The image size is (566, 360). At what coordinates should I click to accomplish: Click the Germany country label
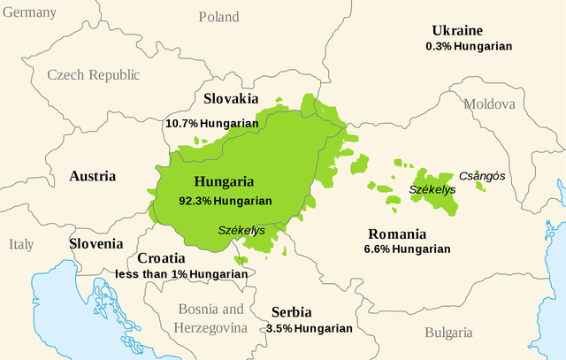pos(28,12)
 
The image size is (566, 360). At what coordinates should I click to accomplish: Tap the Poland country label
pos(218,17)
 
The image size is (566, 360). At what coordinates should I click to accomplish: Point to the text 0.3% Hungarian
pos(468,45)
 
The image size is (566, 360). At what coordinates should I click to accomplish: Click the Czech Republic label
pos(93,75)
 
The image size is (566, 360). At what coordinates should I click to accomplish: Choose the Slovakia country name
pos(231,99)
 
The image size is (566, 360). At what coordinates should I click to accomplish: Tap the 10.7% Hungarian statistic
pos(211,123)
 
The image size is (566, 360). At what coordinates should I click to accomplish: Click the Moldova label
pos(487,104)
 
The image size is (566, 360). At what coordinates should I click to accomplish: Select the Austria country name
pos(92,176)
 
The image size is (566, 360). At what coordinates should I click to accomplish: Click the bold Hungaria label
pos(223,182)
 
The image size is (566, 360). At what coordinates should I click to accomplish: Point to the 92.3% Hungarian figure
pos(225,201)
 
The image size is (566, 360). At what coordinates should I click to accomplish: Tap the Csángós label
pos(482,176)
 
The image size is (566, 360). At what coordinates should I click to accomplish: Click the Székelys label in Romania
pos(432,189)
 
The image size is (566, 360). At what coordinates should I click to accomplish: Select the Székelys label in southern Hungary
pos(241,230)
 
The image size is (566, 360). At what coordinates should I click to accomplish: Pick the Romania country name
pos(395,234)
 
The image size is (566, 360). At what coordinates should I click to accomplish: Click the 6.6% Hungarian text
pos(407,249)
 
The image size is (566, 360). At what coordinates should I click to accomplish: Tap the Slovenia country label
pos(96,243)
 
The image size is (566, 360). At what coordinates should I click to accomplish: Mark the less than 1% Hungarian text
pos(181,274)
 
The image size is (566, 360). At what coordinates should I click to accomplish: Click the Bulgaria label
pos(447,333)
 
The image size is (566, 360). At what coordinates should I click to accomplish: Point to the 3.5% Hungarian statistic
pos(309,328)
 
